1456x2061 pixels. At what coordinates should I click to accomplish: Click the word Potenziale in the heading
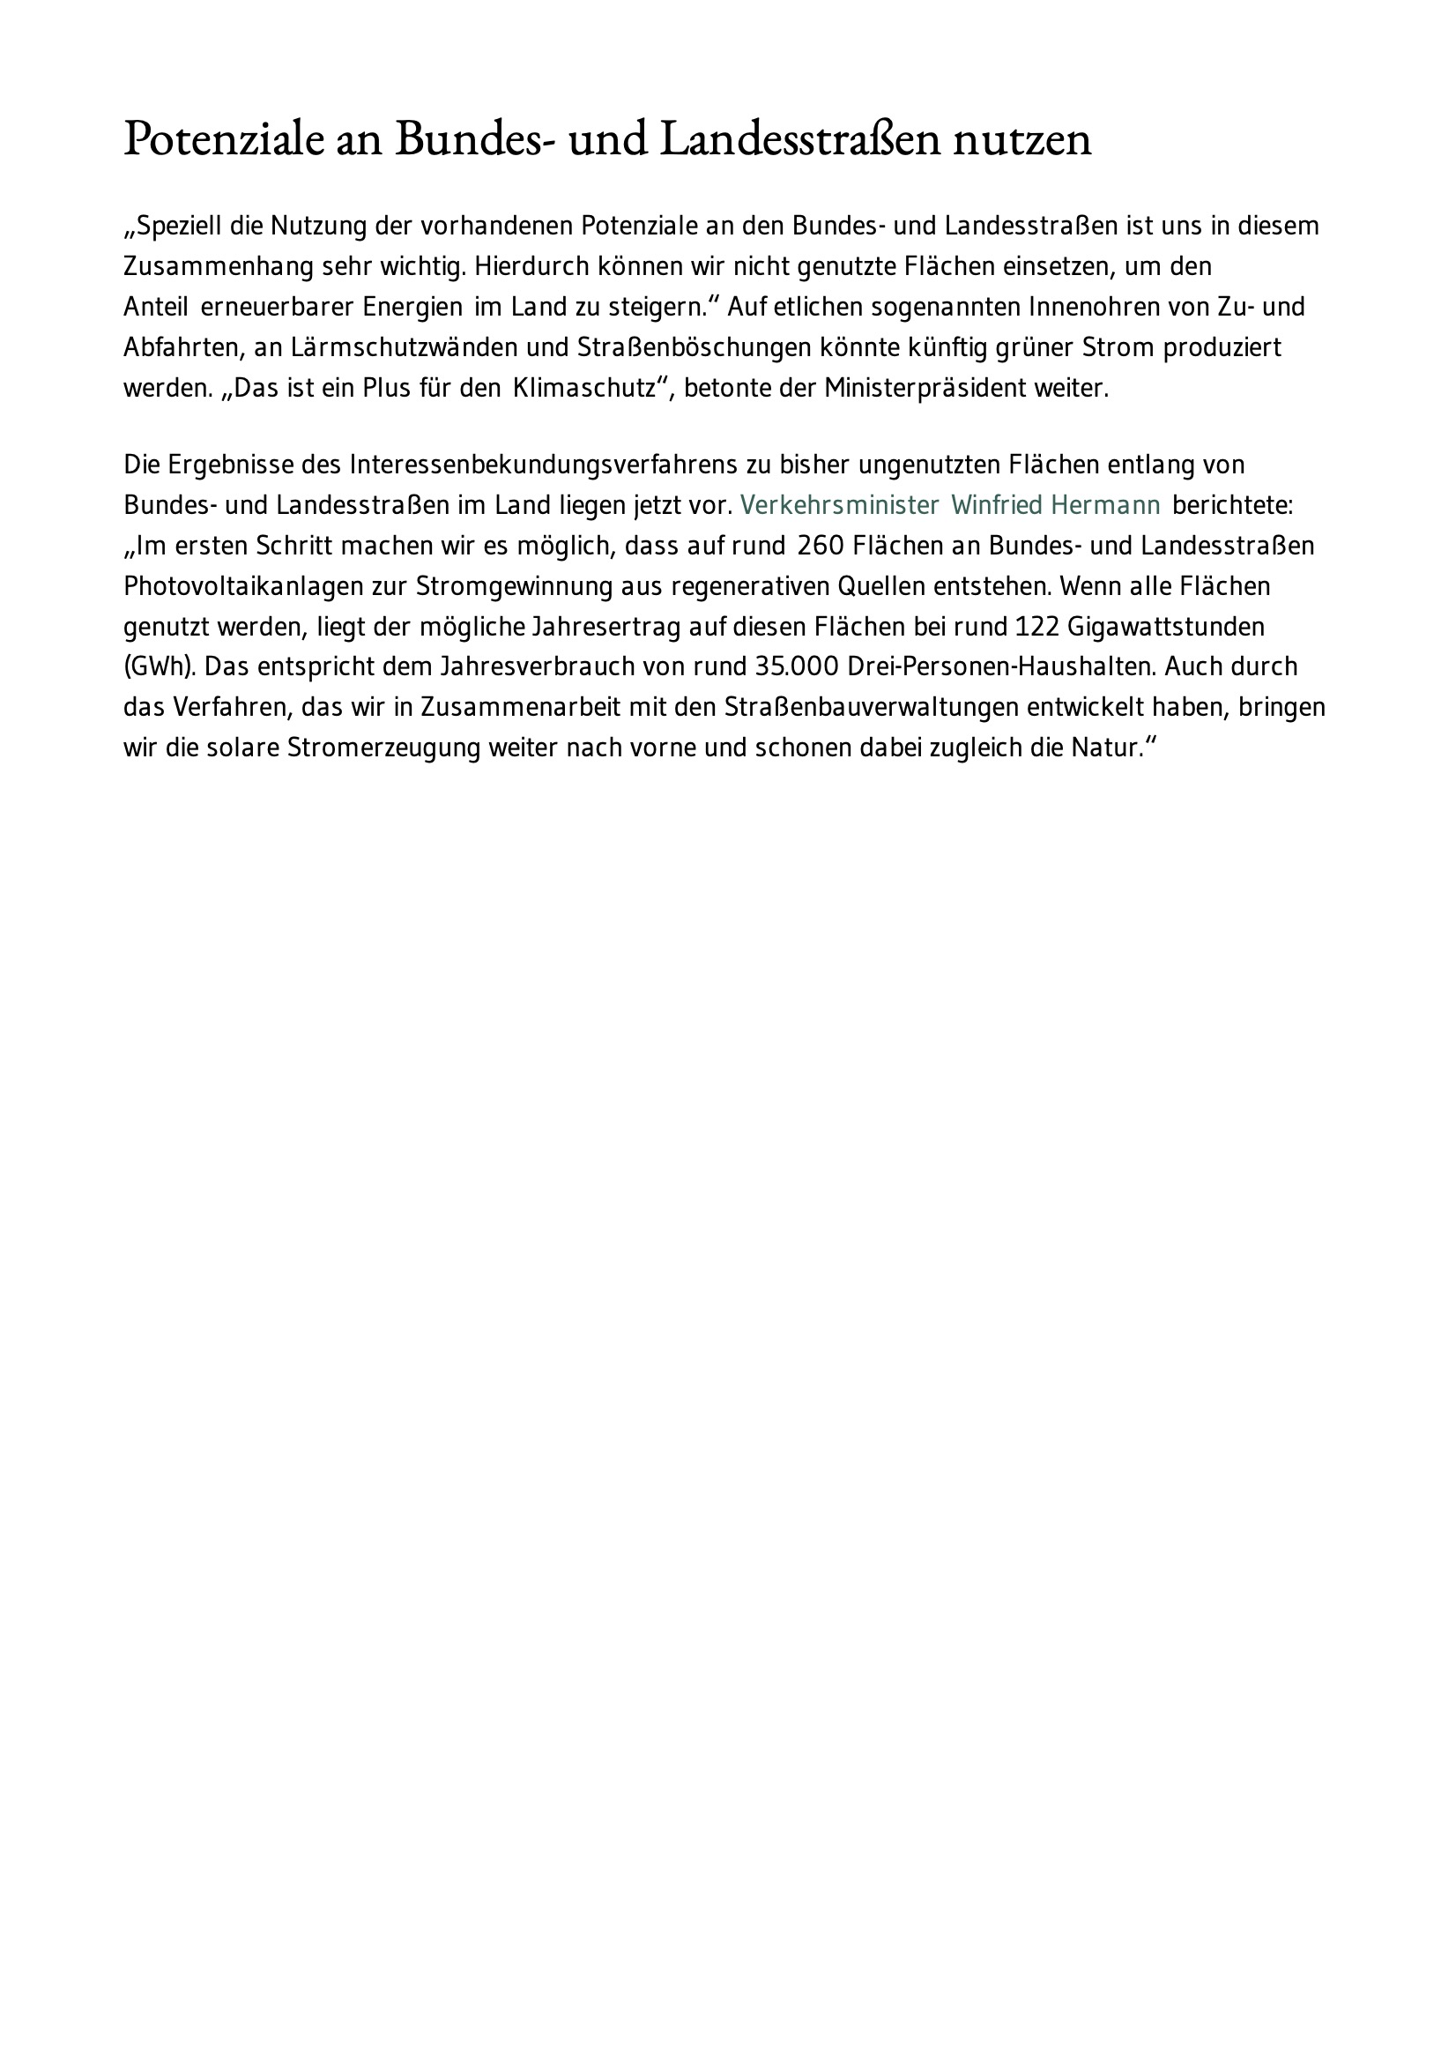click(x=224, y=140)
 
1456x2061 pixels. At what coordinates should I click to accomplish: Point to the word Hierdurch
click(x=531, y=266)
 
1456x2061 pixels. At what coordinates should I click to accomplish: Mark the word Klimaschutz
click(x=584, y=389)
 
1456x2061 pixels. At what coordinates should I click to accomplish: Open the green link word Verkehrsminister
click(x=839, y=505)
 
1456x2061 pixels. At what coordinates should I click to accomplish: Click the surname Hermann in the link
click(x=1105, y=505)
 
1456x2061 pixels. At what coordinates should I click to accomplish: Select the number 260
click(x=820, y=546)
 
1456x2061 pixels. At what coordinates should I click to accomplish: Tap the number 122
click(x=1037, y=627)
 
